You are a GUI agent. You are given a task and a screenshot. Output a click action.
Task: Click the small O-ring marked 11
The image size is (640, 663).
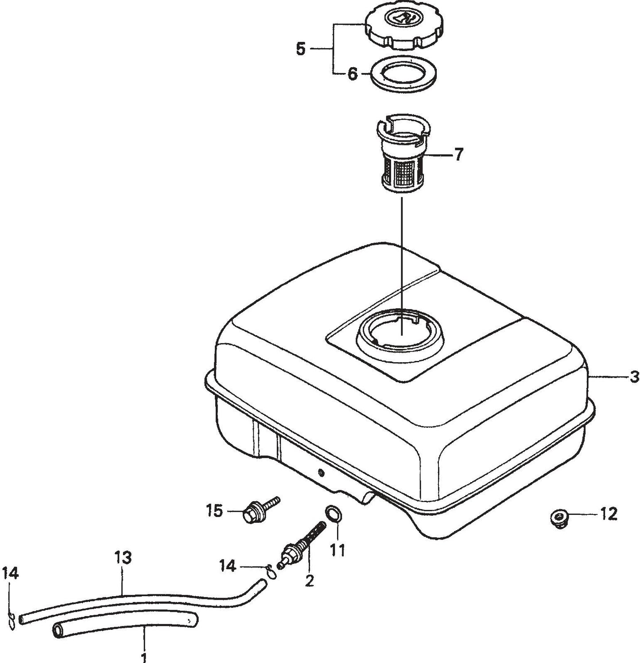click(x=333, y=514)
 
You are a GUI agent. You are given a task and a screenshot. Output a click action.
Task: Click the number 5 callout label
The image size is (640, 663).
click(x=301, y=49)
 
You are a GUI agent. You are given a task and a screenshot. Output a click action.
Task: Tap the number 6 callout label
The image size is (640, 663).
click(x=352, y=74)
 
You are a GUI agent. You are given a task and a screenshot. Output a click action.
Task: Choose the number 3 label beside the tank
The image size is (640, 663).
click(x=634, y=376)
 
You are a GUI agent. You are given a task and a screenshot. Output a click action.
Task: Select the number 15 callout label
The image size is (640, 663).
click(x=214, y=511)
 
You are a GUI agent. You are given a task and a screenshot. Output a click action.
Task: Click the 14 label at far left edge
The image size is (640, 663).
click(x=10, y=574)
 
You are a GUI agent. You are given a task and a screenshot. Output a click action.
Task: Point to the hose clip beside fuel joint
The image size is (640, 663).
click(x=270, y=572)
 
